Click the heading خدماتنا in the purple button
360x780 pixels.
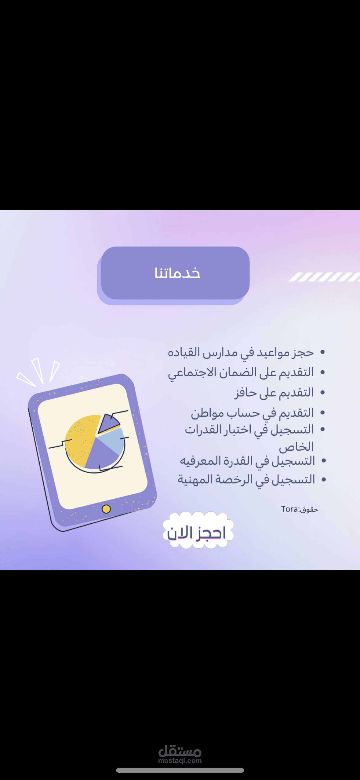pos(177,273)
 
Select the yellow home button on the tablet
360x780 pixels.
pos(106,509)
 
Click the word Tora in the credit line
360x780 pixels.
pos(289,509)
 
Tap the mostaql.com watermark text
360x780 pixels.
pos(180,761)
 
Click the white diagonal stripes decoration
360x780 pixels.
pos(324,277)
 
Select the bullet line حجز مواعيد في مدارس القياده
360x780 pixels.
pos(241,353)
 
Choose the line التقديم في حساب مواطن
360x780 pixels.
pos(253,413)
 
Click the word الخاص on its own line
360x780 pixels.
pos(296,447)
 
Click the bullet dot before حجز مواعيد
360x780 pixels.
pos(322,352)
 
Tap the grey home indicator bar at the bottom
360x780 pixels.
pos(180,771)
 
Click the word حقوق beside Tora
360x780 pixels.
pos(309,510)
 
